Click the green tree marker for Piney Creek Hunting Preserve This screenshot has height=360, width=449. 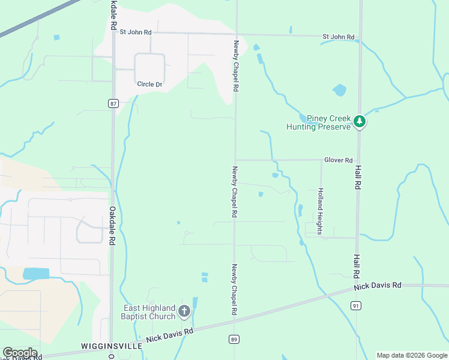(x=360, y=122)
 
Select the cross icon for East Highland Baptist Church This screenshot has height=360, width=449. (x=184, y=311)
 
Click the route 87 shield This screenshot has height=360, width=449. (x=113, y=103)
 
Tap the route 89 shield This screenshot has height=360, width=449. (x=234, y=340)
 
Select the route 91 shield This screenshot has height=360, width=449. (x=357, y=306)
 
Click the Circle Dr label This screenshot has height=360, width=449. (x=149, y=84)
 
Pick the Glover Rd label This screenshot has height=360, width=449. (x=338, y=160)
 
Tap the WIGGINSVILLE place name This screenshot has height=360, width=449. (x=112, y=347)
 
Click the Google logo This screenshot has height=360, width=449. (x=19, y=353)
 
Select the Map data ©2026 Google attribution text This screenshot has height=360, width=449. (x=412, y=355)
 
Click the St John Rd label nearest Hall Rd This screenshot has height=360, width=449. (x=338, y=37)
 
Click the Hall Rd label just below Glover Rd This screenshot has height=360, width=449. (x=358, y=178)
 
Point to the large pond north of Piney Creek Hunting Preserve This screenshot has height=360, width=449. (x=339, y=90)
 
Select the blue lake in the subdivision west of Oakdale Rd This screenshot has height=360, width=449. (x=36, y=274)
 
